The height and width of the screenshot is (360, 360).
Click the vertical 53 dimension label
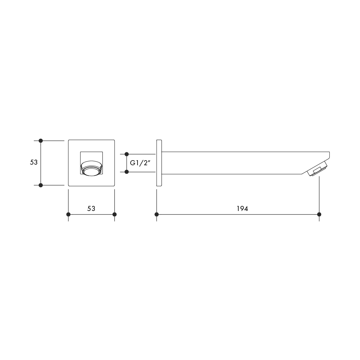pyautogui.click(x=34, y=162)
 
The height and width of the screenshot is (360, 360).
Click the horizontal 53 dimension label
pyautogui.click(x=91, y=208)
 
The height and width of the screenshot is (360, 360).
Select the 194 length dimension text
pyautogui.click(x=242, y=208)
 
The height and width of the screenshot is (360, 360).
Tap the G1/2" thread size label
pyautogui.click(x=140, y=163)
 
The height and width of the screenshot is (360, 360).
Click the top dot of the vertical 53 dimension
pyautogui.click(x=41, y=140)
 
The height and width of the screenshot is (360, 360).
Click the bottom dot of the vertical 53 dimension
pyautogui.click(x=41, y=185)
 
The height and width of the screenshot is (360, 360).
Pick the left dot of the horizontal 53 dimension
pyautogui.click(x=68, y=215)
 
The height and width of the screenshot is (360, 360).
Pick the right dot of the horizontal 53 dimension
pyautogui.click(x=114, y=215)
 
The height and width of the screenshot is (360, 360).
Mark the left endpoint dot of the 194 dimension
pyautogui.click(x=157, y=215)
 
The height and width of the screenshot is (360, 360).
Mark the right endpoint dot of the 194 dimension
pyautogui.click(x=319, y=215)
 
